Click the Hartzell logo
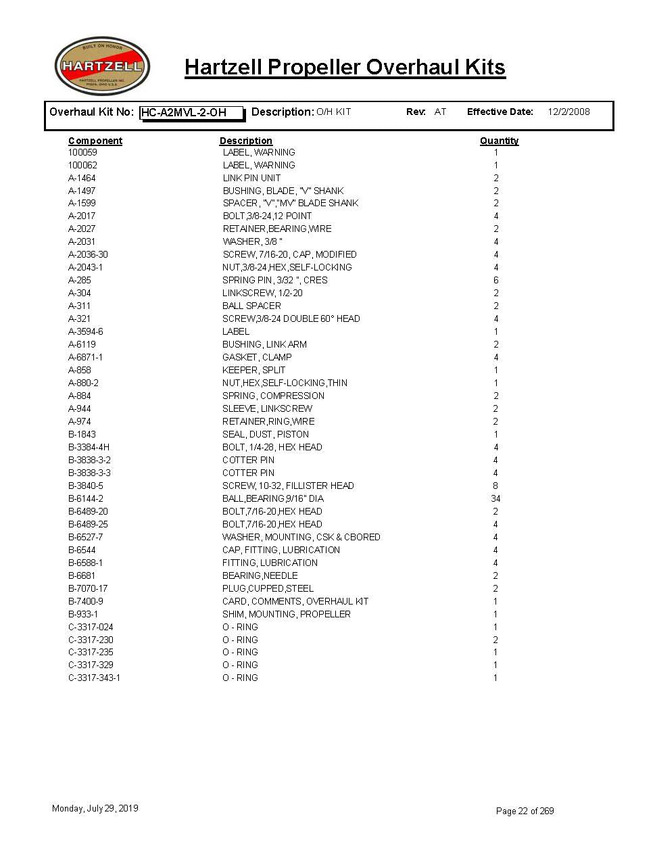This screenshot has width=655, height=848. pos(102,66)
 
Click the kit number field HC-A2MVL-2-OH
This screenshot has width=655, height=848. pos(191,113)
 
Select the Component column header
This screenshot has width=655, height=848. pos(95,141)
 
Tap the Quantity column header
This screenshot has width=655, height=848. pos(499,141)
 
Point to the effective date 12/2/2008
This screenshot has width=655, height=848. pos(568,112)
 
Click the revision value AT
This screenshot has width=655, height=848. pos(440,112)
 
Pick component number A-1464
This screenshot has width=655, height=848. pos(82,178)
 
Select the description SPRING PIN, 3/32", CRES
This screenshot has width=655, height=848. pos(274,280)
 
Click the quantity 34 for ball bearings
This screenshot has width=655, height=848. pos(495,498)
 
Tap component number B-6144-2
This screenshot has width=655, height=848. pos(86,498)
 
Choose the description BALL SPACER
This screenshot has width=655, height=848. pos(251,306)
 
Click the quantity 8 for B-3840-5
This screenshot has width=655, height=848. pos(495,486)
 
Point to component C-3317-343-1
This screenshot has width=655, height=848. pos(94,678)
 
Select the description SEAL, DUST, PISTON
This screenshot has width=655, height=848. pos(266,434)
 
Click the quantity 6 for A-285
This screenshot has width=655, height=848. pos(495,280)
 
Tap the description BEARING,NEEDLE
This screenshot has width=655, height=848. pos(260,575)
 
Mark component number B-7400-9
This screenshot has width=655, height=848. pos(86,601)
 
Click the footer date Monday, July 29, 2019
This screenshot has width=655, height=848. pos(95,808)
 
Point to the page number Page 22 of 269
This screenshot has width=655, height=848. pos(525,811)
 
